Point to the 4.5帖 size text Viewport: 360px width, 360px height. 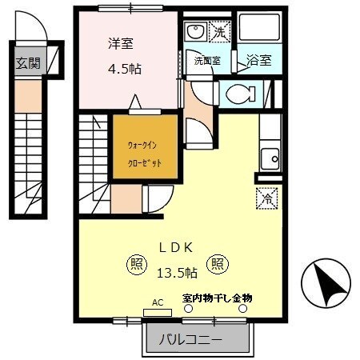tap(125, 69)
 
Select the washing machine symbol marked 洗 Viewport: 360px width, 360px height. tap(218, 34)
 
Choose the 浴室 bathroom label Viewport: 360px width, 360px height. tap(258, 60)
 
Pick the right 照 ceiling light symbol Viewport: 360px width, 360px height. tap(217, 262)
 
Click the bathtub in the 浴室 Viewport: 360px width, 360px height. tap(259, 33)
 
